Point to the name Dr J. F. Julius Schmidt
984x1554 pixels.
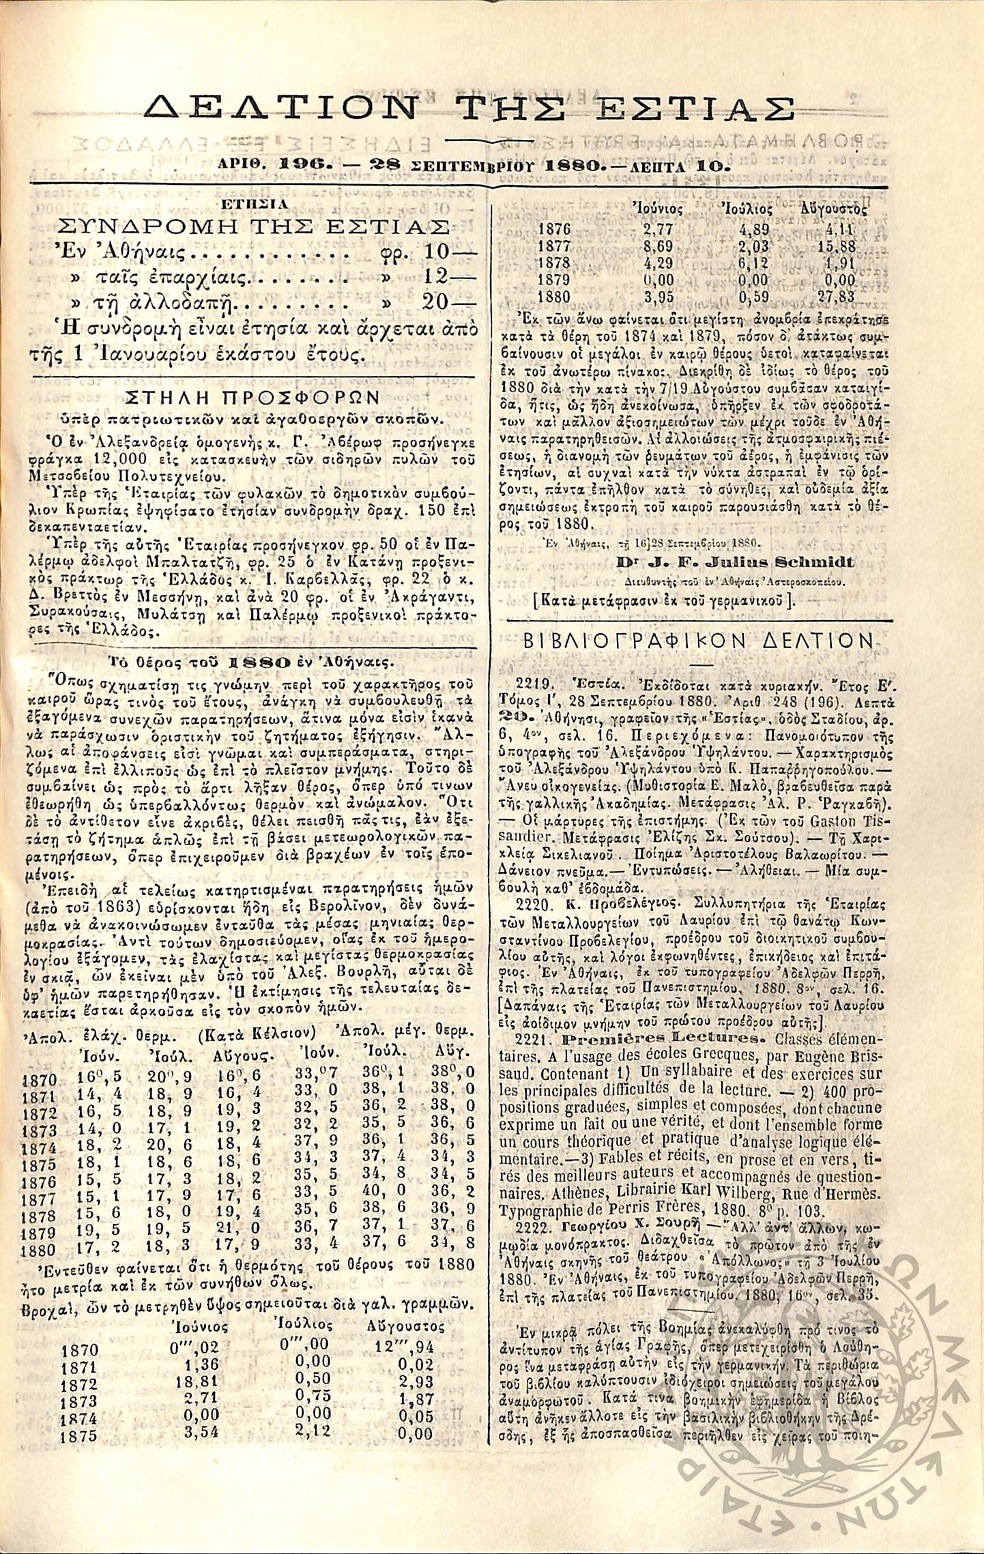(734, 563)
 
